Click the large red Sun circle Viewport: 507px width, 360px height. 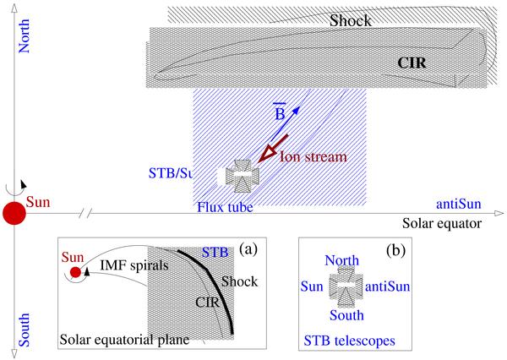click(x=13, y=214)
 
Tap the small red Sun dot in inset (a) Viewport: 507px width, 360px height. click(x=76, y=272)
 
